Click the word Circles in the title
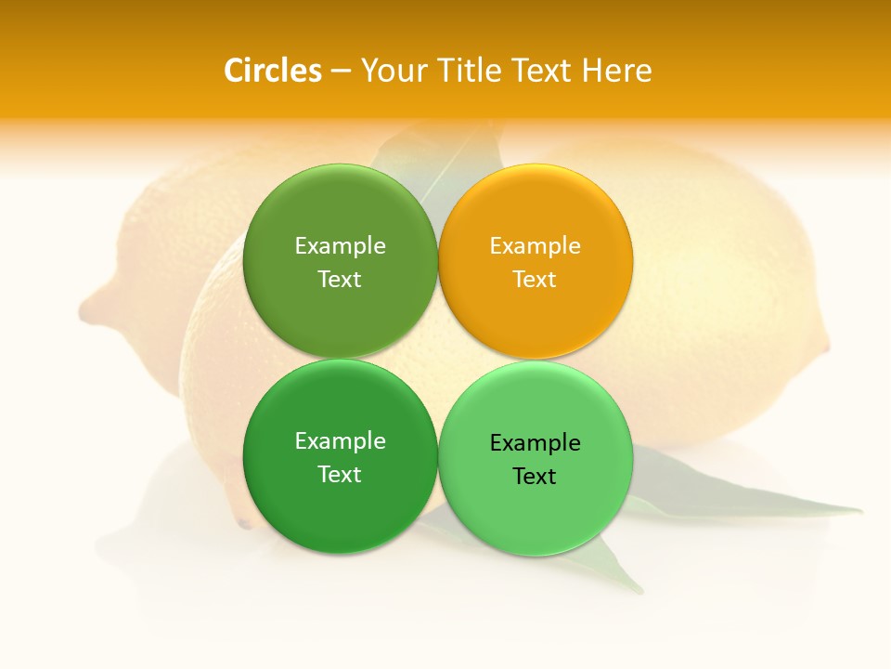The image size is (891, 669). (272, 71)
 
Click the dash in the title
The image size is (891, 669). (341, 72)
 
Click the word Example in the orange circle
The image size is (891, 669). (536, 245)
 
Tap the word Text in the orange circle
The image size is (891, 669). (535, 279)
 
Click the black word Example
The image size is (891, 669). (536, 442)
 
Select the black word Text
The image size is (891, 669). (535, 476)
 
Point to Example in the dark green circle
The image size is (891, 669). (340, 440)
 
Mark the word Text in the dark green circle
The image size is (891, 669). (340, 474)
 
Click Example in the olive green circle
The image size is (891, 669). (340, 245)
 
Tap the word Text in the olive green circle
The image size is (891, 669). (340, 279)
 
